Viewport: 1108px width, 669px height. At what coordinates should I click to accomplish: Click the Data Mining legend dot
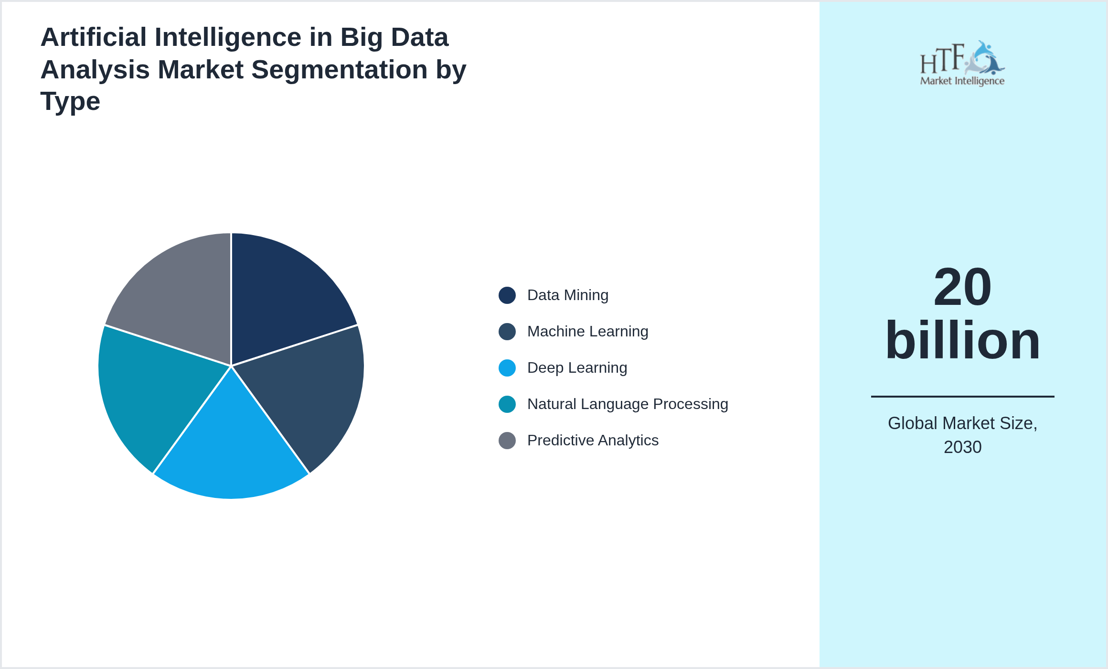pyautogui.click(x=507, y=295)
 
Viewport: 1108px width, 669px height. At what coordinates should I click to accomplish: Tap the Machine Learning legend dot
pyautogui.click(x=507, y=332)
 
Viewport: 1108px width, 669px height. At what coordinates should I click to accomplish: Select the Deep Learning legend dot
pyautogui.click(x=507, y=368)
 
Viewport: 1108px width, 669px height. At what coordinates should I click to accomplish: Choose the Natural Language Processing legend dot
pyautogui.click(x=507, y=404)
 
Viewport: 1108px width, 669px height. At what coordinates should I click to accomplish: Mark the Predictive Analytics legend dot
pyautogui.click(x=507, y=441)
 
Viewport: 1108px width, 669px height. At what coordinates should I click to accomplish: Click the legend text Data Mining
pyautogui.click(x=567, y=295)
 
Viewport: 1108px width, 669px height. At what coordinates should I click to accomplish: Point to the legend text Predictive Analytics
pyautogui.click(x=592, y=441)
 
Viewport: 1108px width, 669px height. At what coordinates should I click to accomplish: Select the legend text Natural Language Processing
pyautogui.click(x=627, y=404)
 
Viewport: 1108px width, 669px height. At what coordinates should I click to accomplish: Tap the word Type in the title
pyautogui.click(x=70, y=101)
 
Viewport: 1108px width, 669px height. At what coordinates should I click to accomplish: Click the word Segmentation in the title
pyautogui.click(x=340, y=70)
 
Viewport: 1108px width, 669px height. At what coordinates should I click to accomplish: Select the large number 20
pyautogui.click(x=962, y=288)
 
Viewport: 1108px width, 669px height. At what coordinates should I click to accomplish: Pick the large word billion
pyautogui.click(x=962, y=340)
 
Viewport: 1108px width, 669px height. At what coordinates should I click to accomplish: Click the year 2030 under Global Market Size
pyautogui.click(x=962, y=447)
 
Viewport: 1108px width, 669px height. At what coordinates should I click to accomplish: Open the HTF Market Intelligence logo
pyautogui.click(x=962, y=64)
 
